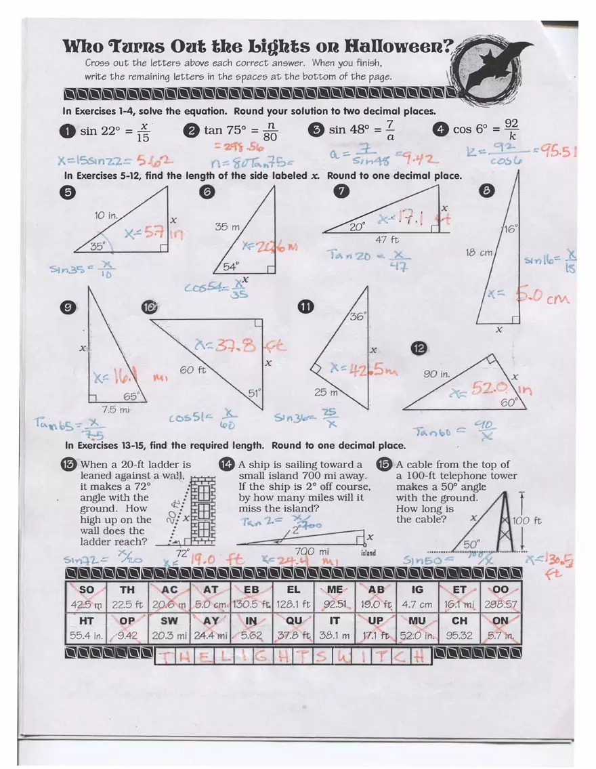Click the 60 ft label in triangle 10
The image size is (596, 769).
click(192, 370)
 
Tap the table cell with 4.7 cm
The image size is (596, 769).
click(417, 597)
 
